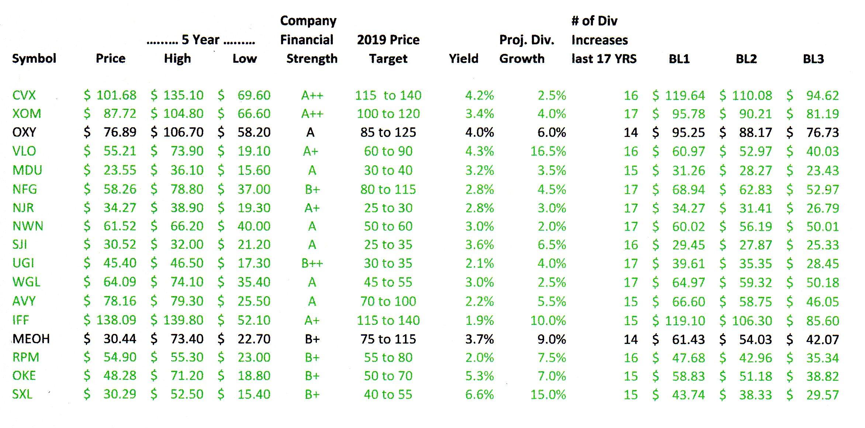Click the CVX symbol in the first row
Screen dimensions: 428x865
(x=24, y=95)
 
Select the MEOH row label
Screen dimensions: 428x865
(x=31, y=339)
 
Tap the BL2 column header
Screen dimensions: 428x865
(x=746, y=59)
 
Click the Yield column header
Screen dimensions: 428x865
(x=463, y=58)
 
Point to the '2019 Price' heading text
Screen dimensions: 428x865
(x=388, y=39)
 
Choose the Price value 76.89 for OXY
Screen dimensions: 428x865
(x=120, y=132)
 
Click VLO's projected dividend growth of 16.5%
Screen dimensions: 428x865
(x=548, y=151)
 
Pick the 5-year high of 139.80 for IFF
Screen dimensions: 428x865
(x=183, y=320)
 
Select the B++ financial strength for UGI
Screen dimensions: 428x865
(x=312, y=263)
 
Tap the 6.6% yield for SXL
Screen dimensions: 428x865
(x=479, y=394)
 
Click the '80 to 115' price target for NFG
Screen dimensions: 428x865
(x=388, y=189)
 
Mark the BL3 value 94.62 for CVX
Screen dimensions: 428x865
(x=822, y=96)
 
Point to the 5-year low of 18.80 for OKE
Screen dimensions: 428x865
(x=254, y=376)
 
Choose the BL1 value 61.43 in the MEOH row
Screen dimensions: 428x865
(x=688, y=339)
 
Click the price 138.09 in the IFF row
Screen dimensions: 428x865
(x=116, y=320)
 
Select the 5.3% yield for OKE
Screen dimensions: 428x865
(x=479, y=376)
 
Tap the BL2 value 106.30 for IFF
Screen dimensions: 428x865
(x=752, y=320)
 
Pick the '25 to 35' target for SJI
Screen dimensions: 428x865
(x=388, y=245)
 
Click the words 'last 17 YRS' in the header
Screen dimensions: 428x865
(x=604, y=59)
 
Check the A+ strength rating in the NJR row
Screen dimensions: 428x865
(x=312, y=208)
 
